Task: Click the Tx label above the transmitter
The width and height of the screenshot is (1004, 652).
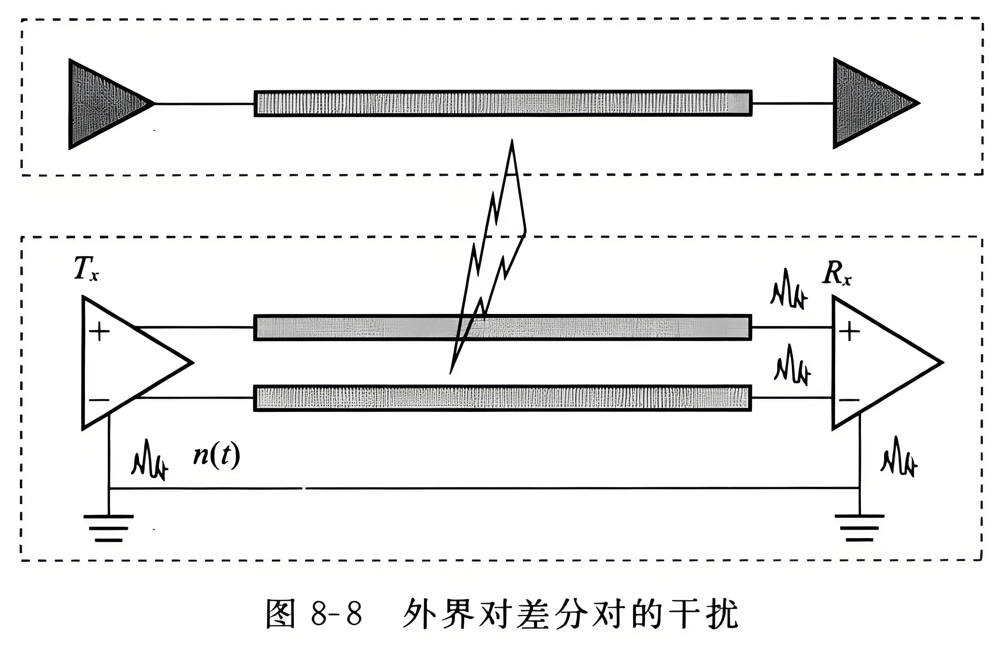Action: tap(86, 268)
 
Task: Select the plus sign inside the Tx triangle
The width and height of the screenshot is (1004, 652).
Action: tap(100, 332)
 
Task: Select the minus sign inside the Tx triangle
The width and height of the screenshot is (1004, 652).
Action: tap(100, 400)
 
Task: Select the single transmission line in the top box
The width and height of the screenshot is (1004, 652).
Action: tap(502, 103)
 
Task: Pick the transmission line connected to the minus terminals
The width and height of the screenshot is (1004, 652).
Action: tap(502, 398)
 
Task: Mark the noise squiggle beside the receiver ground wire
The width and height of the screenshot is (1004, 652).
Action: tap(898, 458)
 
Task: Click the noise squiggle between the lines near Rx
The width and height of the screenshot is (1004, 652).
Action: tap(792, 365)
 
